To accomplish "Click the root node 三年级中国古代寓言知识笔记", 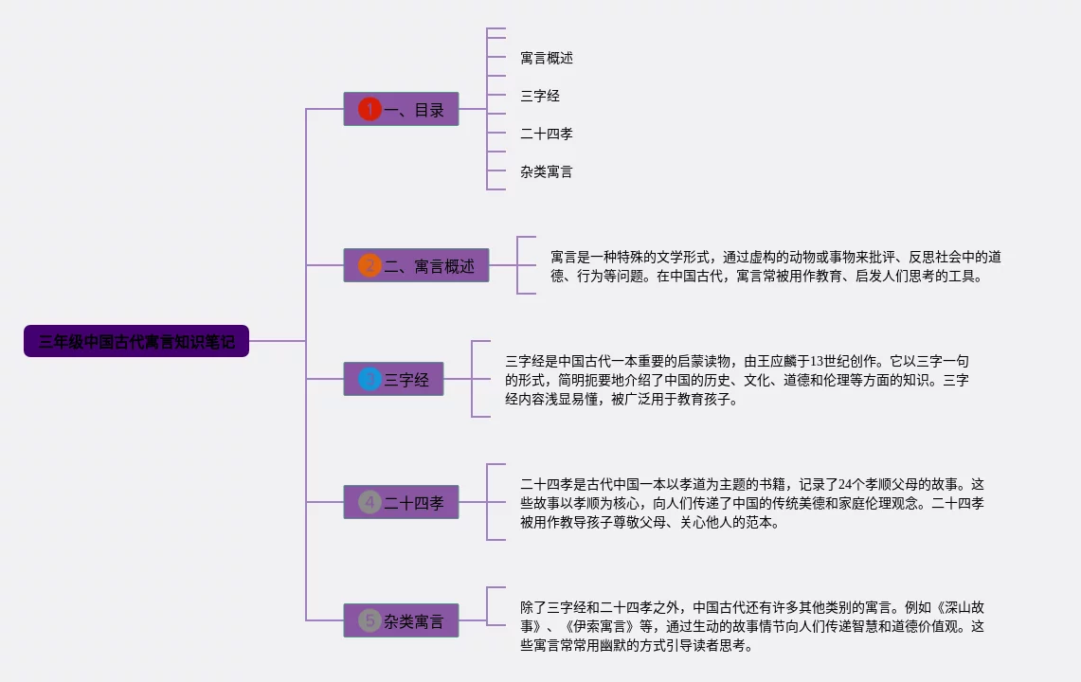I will pyautogui.click(x=136, y=341).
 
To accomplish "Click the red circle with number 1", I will pyautogui.click(x=369, y=110).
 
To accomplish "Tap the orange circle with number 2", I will pyautogui.click(x=369, y=266).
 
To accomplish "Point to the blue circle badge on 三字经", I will pyautogui.click(x=369, y=380).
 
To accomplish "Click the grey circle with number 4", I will pyautogui.click(x=369, y=502).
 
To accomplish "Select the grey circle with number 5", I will pyautogui.click(x=369, y=621).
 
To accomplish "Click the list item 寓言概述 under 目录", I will pyautogui.click(x=547, y=58).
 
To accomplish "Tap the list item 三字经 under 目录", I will pyautogui.click(x=540, y=96).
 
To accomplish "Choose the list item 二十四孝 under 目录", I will pyautogui.click(x=547, y=134).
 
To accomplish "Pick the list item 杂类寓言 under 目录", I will pyautogui.click(x=547, y=171).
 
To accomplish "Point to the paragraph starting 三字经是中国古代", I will pyautogui.click(x=736, y=380).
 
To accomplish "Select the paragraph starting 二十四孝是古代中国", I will pyautogui.click(x=751, y=503).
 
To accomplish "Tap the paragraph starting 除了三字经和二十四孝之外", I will pyautogui.click(x=751, y=626).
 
